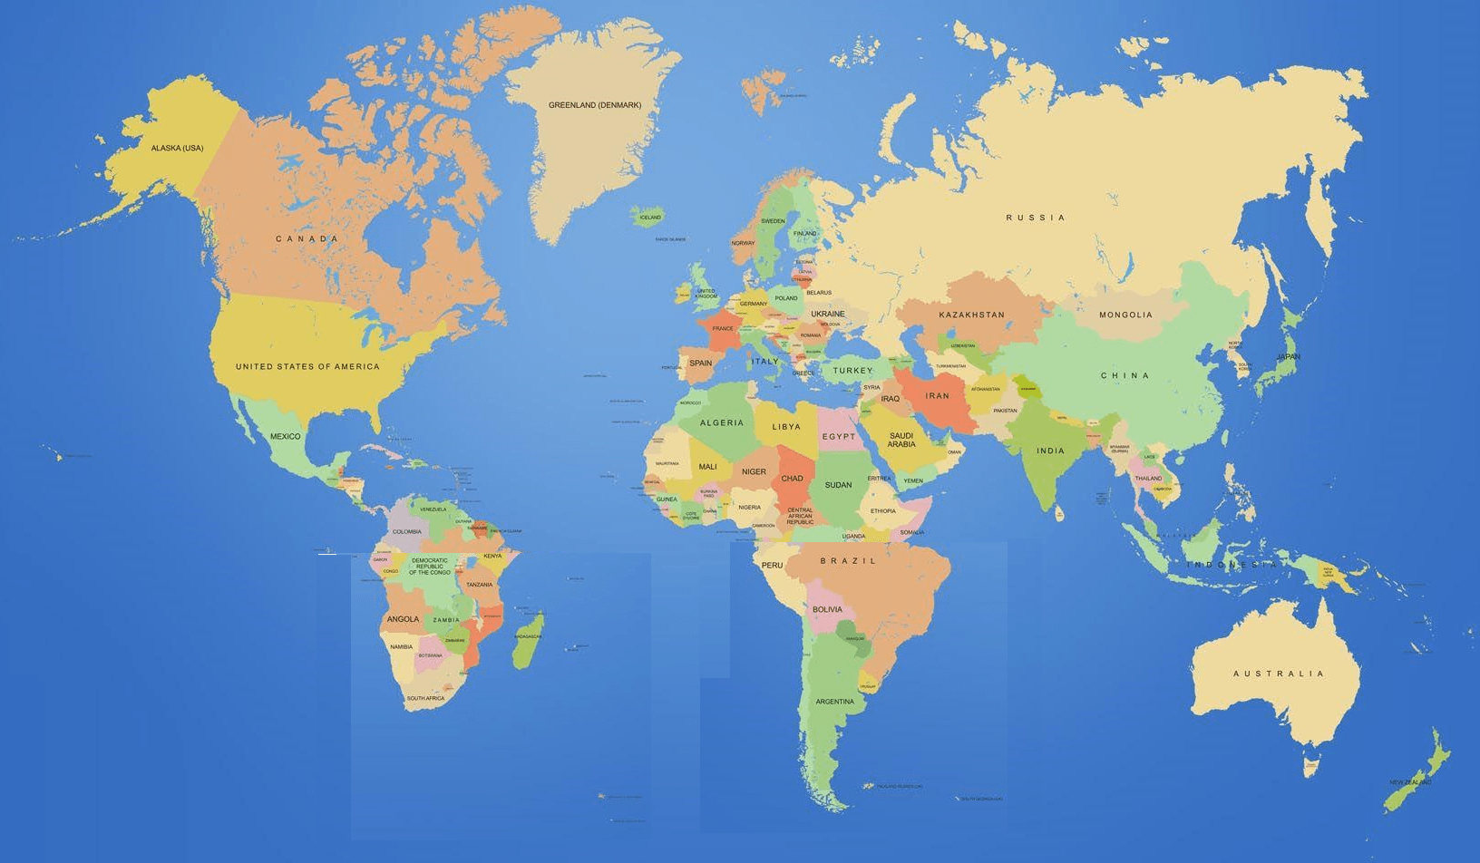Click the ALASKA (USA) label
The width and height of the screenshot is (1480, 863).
(177, 148)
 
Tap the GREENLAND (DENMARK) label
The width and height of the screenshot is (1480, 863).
(594, 105)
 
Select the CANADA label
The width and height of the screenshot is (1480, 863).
(307, 239)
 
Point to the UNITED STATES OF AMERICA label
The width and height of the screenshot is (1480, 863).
(307, 366)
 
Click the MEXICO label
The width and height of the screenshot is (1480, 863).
(285, 436)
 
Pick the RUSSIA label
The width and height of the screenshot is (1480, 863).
(1036, 218)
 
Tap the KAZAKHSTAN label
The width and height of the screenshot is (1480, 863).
(971, 315)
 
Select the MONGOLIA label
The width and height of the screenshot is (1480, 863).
(1125, 315)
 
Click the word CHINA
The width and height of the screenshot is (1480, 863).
(1125, 375)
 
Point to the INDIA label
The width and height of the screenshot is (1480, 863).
(1050, 451)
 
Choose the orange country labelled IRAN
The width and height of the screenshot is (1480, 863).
(938, 396)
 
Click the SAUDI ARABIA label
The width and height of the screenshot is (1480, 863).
(901, 440)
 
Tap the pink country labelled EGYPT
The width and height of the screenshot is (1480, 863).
(838, 436)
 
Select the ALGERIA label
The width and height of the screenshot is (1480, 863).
(721, 422)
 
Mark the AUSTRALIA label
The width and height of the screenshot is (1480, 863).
(1279, 674)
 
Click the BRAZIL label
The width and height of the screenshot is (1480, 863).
(848, 561)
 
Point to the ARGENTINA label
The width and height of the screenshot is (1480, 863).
(834, 702)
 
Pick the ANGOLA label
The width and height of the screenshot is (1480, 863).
(403, 619)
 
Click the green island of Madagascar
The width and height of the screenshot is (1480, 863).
(528, 640)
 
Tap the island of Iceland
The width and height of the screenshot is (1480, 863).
(650, 216)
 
